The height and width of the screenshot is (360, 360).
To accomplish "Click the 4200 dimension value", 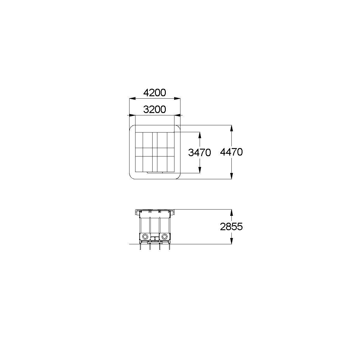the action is [154, 93].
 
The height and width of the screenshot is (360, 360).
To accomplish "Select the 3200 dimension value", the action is [154, 109].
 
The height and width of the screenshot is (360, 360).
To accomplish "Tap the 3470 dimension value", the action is [199, 153].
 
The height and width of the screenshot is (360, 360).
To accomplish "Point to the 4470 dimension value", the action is [231, 152].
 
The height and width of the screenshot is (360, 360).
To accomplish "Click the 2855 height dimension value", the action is [231, 227].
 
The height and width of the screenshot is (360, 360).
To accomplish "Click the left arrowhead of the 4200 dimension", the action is [132, 98].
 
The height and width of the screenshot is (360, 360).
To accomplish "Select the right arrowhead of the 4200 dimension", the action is [177, 98].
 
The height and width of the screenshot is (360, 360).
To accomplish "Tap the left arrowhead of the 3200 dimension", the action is [132, 115].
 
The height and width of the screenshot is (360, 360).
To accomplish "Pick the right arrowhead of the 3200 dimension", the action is [177, 115].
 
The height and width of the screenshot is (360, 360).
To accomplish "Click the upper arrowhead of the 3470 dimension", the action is [200, 135].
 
